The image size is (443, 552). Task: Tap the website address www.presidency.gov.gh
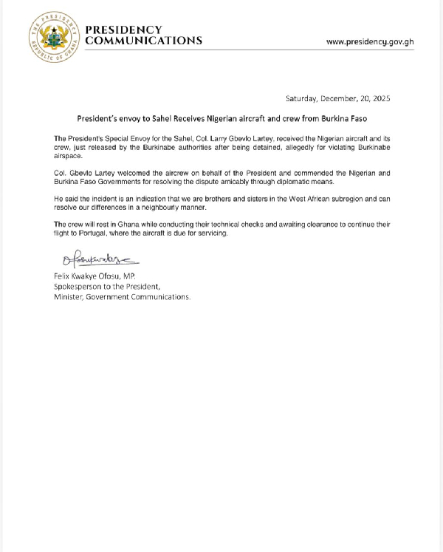[369, 41]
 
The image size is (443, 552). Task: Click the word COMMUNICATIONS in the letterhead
[143, 41]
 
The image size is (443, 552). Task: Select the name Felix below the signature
[64, 275]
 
